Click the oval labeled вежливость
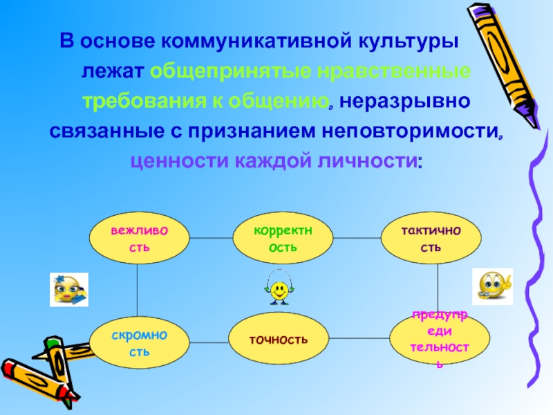click(138, 238)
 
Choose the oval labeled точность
click(279, 339)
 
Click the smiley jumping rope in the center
click(279, 288)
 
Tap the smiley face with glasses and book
click(68, 289)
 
